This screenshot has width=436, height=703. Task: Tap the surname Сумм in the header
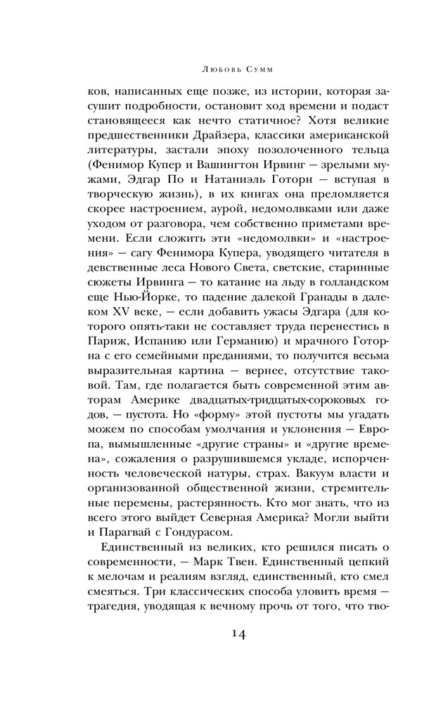click(243, 70)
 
